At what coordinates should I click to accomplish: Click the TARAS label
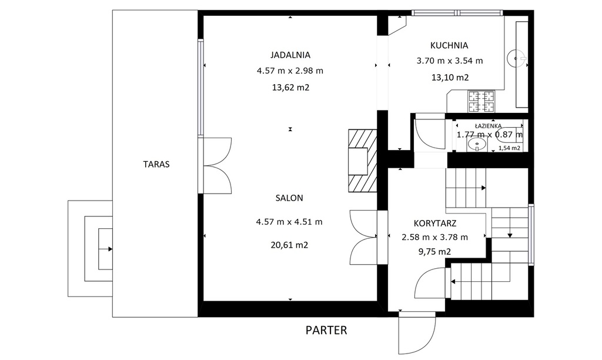(x=156, y=164)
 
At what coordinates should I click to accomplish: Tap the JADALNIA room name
(x=290, y=55)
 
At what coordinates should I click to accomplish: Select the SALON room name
(x=289, y=198)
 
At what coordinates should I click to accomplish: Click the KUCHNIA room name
(x=449, y=45)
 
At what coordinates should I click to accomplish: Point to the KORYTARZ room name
(x=435, y=223)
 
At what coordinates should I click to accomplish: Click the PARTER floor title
(x=326, y=330)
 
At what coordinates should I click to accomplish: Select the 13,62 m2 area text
(x=290, y=87)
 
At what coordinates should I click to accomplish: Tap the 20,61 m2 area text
(x=289, y=245)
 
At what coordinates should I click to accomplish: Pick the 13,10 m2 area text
(x=450, y=77)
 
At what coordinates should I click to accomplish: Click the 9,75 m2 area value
(x=434, y=252)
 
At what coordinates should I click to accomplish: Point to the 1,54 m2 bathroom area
(x=509, y=148)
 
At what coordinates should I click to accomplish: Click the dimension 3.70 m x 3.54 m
(x=450, y=61)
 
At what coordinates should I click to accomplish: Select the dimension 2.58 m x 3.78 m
(x=435, y=238)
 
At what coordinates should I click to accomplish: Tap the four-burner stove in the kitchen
(x=481, y=101)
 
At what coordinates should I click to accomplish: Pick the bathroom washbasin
(x=477, y=145)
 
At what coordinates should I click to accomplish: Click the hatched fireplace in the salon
(x=362, y=160)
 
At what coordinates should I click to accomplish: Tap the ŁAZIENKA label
(x=488, y=126)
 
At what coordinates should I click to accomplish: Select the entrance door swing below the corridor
(x=417, y=333)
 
